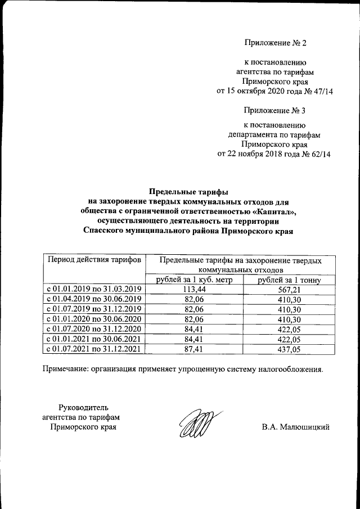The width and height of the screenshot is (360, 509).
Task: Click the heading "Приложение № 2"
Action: [276, 43]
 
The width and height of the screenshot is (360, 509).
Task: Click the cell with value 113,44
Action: [193, 289]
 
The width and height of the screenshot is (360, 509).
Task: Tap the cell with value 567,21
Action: [289, 289]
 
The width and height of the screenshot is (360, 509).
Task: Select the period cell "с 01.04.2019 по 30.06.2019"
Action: [94, 299]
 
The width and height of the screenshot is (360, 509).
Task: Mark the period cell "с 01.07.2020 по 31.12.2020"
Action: [94, 329]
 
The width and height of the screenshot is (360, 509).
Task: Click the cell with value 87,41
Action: [193, 349]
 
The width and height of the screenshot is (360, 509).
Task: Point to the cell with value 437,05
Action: [289, 349]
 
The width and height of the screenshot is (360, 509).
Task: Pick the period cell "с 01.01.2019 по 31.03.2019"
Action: [94, 289]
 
